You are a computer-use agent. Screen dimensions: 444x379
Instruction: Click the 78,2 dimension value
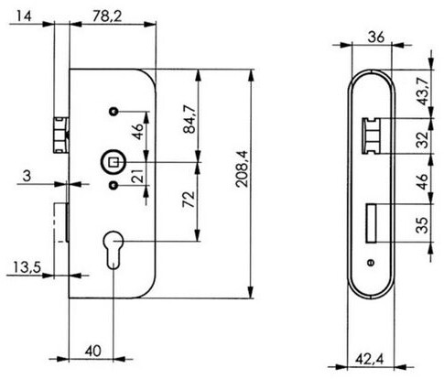click(107, 16)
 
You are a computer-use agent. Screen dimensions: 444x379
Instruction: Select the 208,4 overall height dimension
click(243, 168)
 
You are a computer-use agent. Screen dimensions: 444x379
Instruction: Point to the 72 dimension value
click(189, 200)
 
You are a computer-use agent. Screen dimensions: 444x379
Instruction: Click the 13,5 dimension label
click(27, 267)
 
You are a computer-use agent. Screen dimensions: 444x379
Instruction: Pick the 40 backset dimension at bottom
click(92, 352)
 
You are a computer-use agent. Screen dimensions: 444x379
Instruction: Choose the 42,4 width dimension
click(370, 359)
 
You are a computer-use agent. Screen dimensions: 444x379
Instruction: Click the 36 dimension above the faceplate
click(376, 38)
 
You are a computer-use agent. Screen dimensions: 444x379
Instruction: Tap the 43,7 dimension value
click(423, 91)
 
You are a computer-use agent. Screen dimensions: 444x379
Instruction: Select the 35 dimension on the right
click(423, 225)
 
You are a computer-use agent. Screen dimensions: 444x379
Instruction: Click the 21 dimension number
click(138, 176)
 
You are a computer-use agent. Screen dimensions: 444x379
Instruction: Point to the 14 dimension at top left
click(24, 16)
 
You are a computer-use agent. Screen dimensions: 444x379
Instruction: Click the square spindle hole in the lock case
click(114, 162)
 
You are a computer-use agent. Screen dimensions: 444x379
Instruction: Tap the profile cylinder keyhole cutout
click(114, 250)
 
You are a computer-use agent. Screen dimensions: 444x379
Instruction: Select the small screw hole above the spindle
click(114, 112)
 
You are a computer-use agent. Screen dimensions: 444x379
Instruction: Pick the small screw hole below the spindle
click(114, 185)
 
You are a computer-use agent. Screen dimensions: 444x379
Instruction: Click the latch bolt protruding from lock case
click(61, 135)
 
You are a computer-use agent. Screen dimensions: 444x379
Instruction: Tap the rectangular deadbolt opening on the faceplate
click(372, 223)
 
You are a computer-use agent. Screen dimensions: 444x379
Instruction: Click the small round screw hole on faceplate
click(372, 263)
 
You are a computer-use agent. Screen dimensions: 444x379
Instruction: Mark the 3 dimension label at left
click(27, 176)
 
